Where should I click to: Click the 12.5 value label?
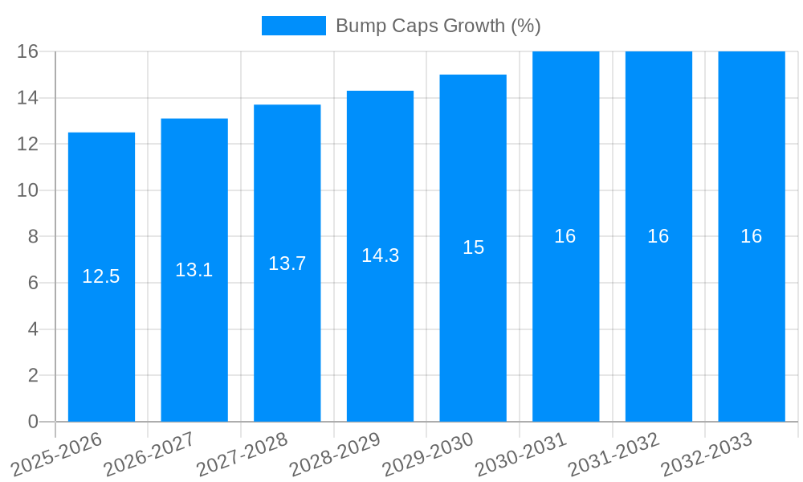tap(101, 276)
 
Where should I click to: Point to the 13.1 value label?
tap(194, 270)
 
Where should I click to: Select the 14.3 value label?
tap(380, 255)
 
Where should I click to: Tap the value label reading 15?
tap(473, 247)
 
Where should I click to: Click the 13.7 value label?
tap(287, 263)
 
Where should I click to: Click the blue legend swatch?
tap(294, 26)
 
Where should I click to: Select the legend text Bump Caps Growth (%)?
tap(438, 26)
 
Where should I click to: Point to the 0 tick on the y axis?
tap(33, 422)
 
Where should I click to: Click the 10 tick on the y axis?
tap(28, 190)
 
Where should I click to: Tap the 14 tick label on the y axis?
tap(28, 98)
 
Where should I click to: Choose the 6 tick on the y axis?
tap(33, 283)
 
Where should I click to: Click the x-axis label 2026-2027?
tap(149, 454)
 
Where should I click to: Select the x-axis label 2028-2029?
tap(335, 454)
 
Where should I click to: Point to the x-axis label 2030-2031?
tap(521, 454)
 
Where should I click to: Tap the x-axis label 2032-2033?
tap(707, 454)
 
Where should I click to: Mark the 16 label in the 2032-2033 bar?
tap(751, 236)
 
